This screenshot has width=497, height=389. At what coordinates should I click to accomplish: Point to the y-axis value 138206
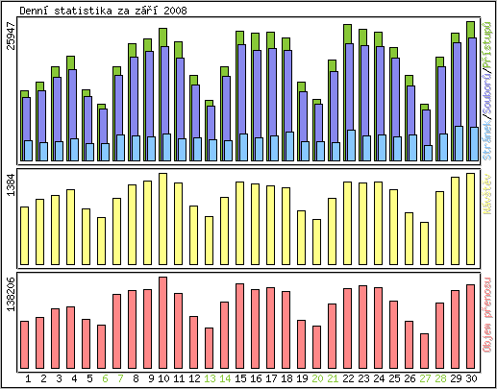[11, 294]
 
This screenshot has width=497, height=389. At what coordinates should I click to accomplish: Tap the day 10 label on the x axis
[163, 379]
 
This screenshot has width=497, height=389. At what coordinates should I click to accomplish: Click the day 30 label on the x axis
[471, 379]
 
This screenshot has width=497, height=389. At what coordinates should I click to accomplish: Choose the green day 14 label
[225, 379]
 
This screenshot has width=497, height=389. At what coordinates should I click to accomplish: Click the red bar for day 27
[425, 350]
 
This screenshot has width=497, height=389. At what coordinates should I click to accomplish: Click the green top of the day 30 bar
[471, 29]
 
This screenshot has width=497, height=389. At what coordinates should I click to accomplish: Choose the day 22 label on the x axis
[348, 379]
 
